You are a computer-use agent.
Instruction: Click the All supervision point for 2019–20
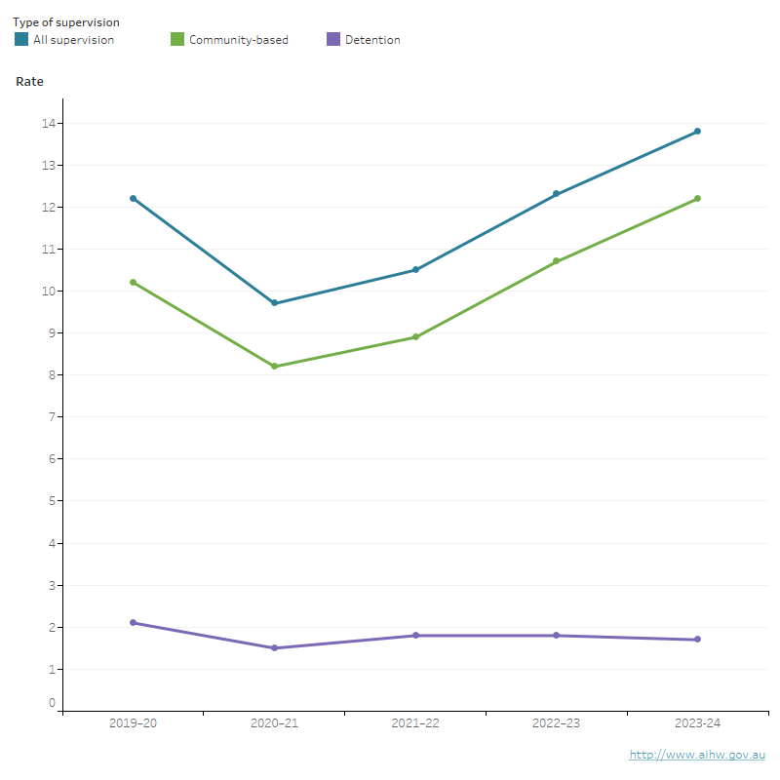click(x=134, y=198)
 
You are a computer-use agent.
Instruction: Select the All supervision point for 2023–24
click(x=697, y=131)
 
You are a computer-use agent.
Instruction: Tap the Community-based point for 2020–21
click(x=274, y=366)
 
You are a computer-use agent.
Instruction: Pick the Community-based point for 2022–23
click(x=556, y=261)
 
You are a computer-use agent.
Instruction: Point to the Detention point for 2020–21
click(x=274, y=647)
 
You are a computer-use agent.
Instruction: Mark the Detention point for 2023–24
click(x=697, y=640)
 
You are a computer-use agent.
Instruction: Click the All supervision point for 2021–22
click(x=415, y=269)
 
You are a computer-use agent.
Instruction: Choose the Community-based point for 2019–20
click(x=134, y=282)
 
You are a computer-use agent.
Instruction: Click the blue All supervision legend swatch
click(x=21, y=40)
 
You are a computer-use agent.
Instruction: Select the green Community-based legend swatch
click(x=177, y=40)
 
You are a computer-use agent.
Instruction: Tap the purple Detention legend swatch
click(x=333, y=40)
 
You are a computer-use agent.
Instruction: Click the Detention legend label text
click(x=372, y=40)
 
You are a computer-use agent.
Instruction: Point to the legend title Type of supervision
click(x=66, y=21)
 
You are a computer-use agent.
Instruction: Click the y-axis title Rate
click(x=30, y=82)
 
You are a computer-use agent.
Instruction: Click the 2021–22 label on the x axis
click(x=415, y=723)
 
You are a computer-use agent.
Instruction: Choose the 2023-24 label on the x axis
click(x=697, y=723)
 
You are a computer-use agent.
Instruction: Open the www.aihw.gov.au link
click(x=697, y=755)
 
